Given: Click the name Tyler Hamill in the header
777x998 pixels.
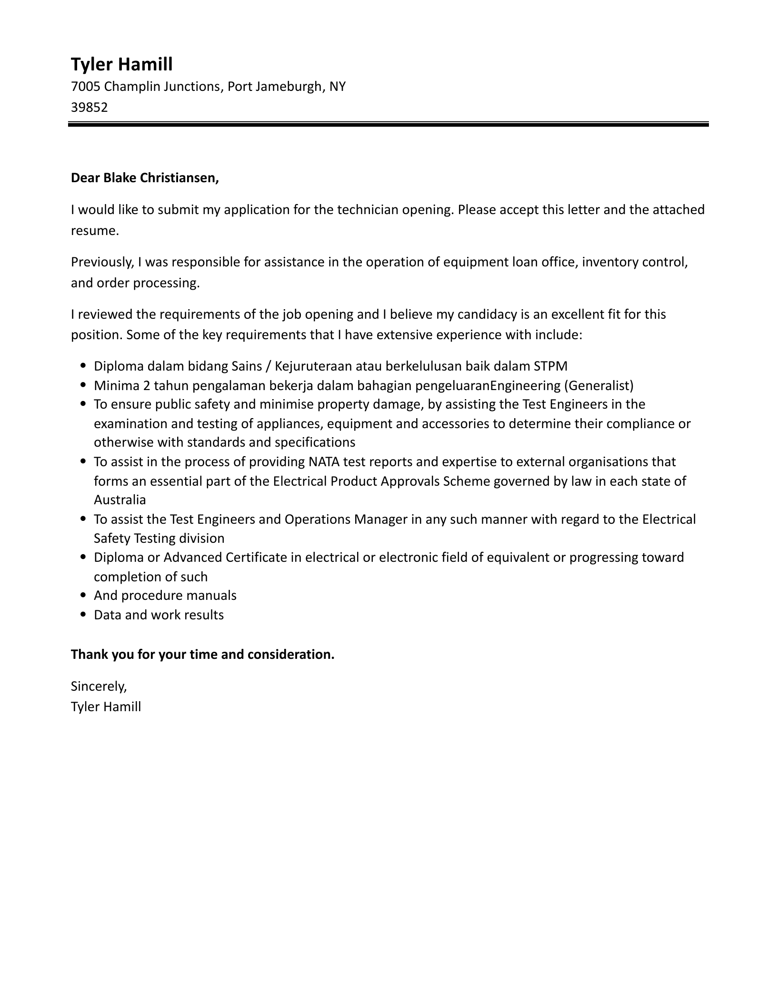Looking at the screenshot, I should (121, 64).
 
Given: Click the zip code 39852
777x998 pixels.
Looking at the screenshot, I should (89, 107).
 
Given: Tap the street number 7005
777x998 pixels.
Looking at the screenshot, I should (85, 87).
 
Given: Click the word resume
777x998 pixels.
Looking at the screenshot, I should (93, 231).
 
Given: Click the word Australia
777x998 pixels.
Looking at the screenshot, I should (120, 500).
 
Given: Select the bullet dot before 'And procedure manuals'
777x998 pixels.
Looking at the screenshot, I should (84, 596).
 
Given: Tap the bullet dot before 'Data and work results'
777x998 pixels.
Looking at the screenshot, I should (84, 615).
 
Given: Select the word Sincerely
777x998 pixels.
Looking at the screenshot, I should (99, 686).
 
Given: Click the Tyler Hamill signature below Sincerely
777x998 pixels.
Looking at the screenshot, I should (106, 707).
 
